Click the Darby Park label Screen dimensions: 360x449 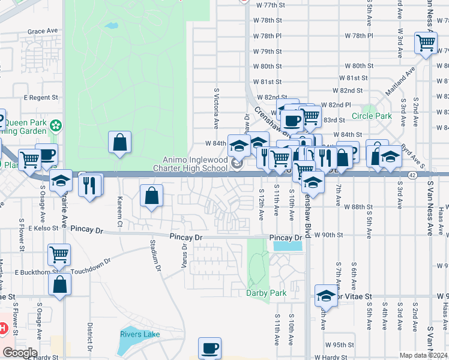(267, 293)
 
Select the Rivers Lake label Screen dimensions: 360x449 (140, 334)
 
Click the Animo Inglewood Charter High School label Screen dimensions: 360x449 (196, 164)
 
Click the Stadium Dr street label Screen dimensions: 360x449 (155, 254)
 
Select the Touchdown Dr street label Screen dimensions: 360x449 (91, 266)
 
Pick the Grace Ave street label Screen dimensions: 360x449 (43, 31)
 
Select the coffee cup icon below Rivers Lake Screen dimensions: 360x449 (209, 348)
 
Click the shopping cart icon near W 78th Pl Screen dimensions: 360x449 (426, 43)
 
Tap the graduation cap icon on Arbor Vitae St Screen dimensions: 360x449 (326, 295)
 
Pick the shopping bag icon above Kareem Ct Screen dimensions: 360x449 (119, 143)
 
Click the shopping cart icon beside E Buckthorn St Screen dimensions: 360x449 (59, 255)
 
